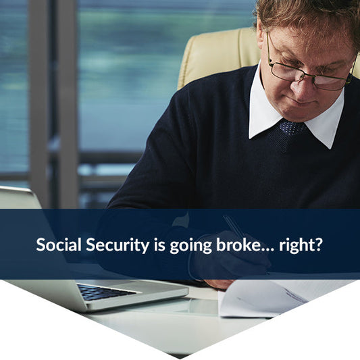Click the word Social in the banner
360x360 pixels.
pos(58,244)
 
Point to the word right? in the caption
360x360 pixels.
pos(299,245)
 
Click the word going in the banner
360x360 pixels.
pos(185,245)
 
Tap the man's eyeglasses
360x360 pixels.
pos(304,72)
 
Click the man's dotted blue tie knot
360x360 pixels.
pos(292,127)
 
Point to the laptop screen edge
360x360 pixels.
pos(20,197)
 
